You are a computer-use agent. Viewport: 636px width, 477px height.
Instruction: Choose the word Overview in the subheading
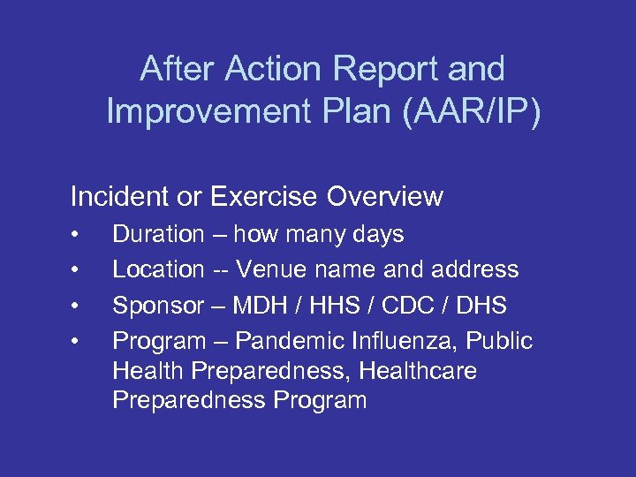[384, 196]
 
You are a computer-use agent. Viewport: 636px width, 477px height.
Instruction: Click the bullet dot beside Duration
[78, 235]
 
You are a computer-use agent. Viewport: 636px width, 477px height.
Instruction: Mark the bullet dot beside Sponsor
[78, 307]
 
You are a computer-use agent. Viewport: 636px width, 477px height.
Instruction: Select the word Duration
[158, 234]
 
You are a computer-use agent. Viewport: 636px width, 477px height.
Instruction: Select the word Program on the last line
[320, 400]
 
